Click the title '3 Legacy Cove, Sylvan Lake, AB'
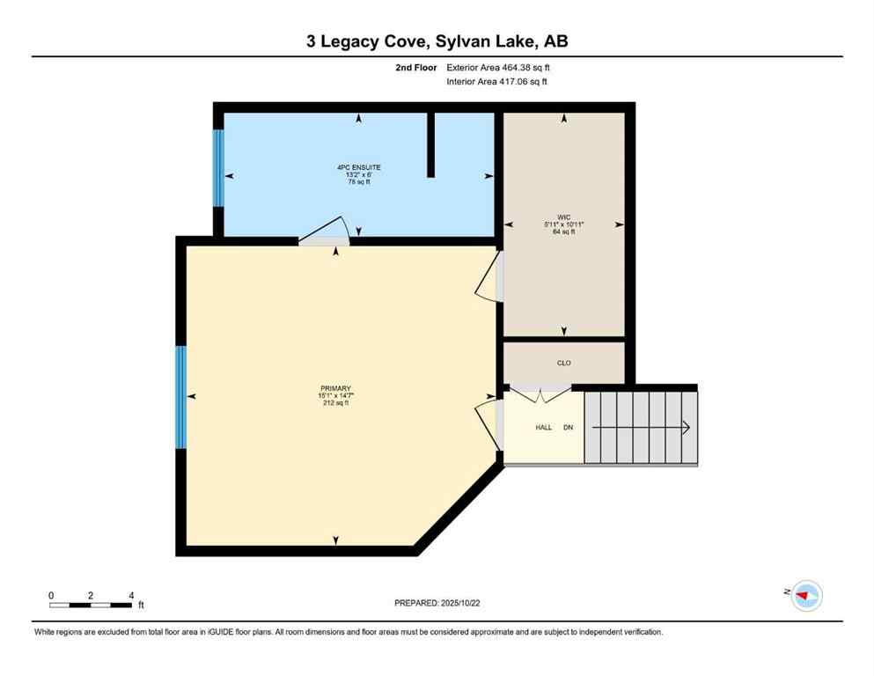(x=437, y=41)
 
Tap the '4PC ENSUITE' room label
(x=358, y=167)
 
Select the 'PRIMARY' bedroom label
(x=335, y=388)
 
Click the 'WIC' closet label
(x=563, y=216)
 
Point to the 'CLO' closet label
(x=563, y=362)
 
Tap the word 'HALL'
(x=544, y=427)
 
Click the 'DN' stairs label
(x=569, y=427)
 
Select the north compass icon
(x=805, y=596)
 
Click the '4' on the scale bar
(x=131, y=595)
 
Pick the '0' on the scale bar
(x=51, y=595)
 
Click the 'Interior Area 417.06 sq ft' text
(x=496, y=82)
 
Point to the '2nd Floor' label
(x=416, y=67)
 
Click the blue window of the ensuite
(x=218, y=168)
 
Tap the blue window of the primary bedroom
(x=181, y=397)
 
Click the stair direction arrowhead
(x=685, y=427)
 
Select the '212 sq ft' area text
(x=335, y=403)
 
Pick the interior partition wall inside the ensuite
(x=430, y=145)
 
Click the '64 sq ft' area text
(x=563, y=231)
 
